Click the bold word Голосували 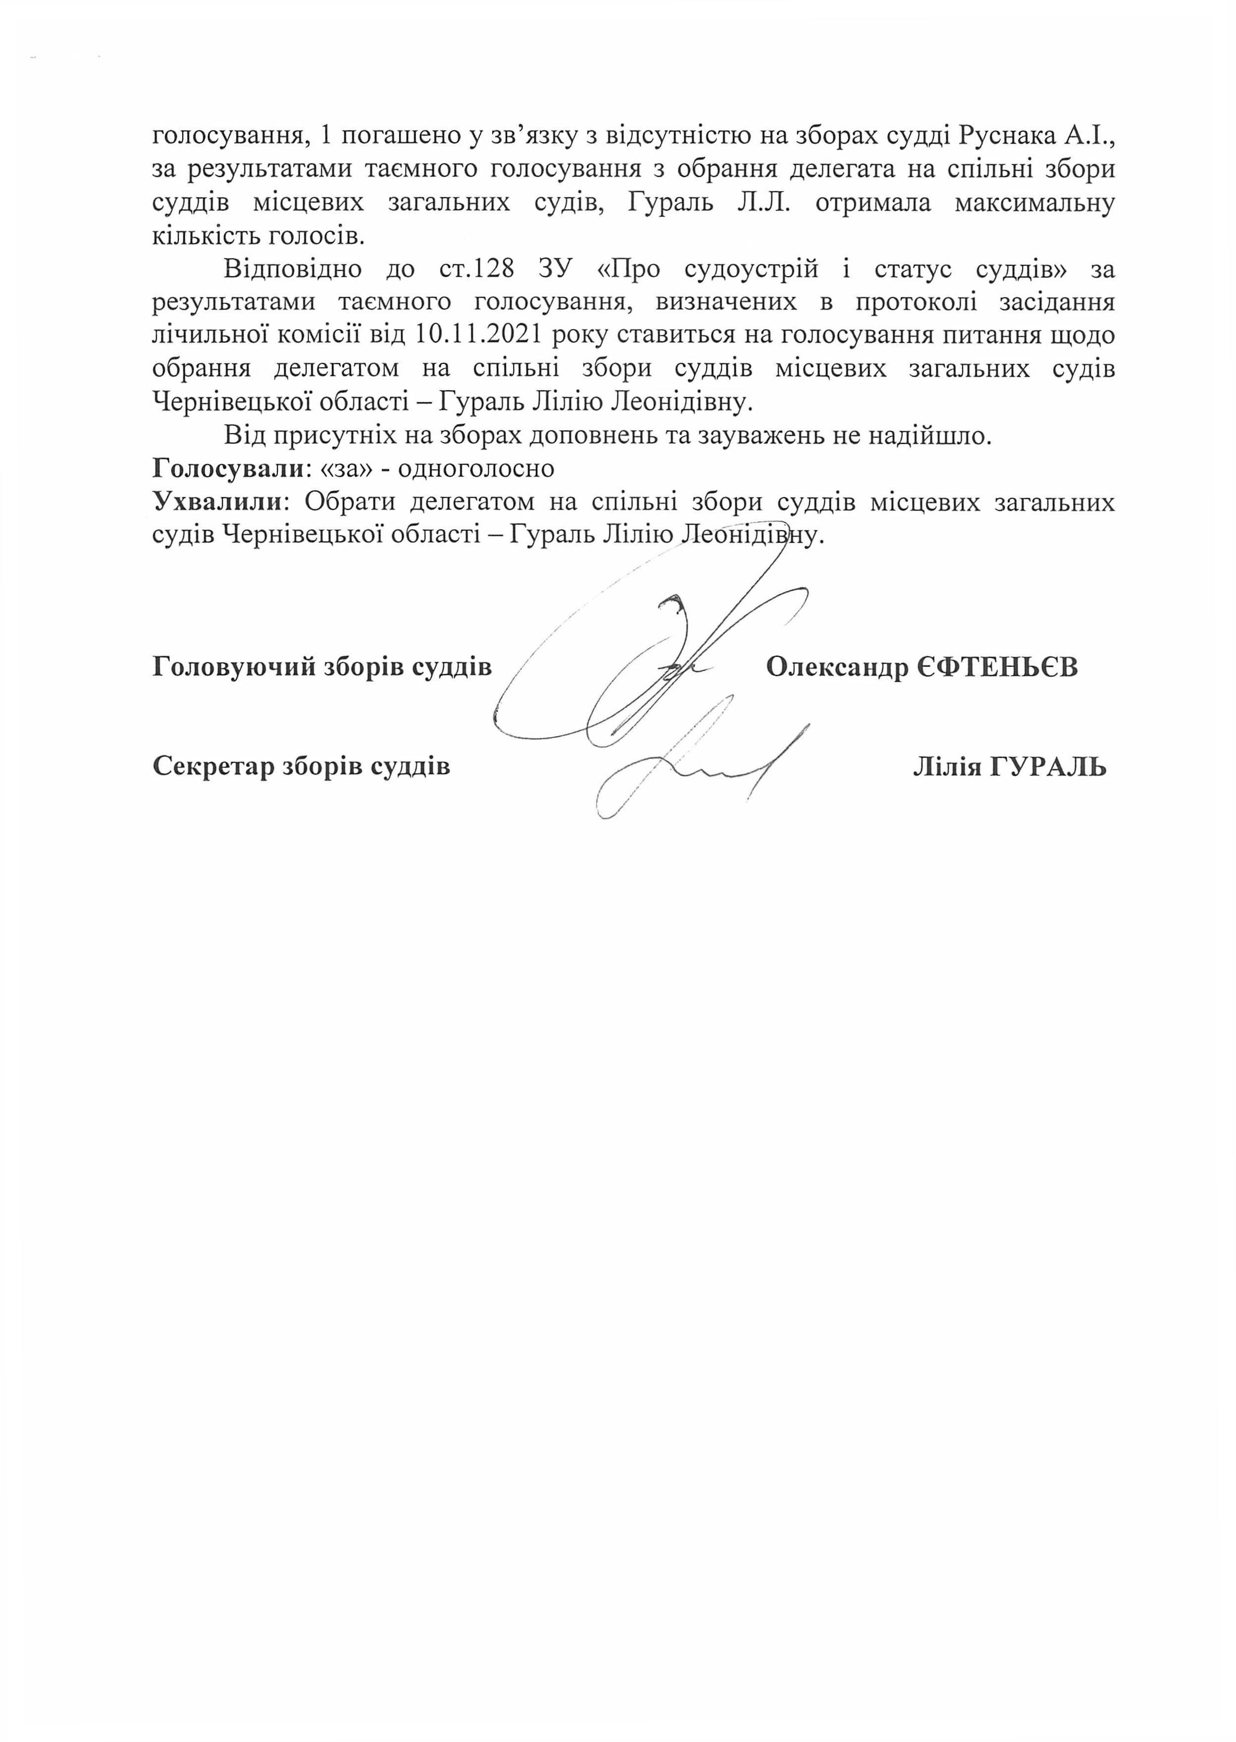click(228, 468)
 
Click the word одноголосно click(476, 468)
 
